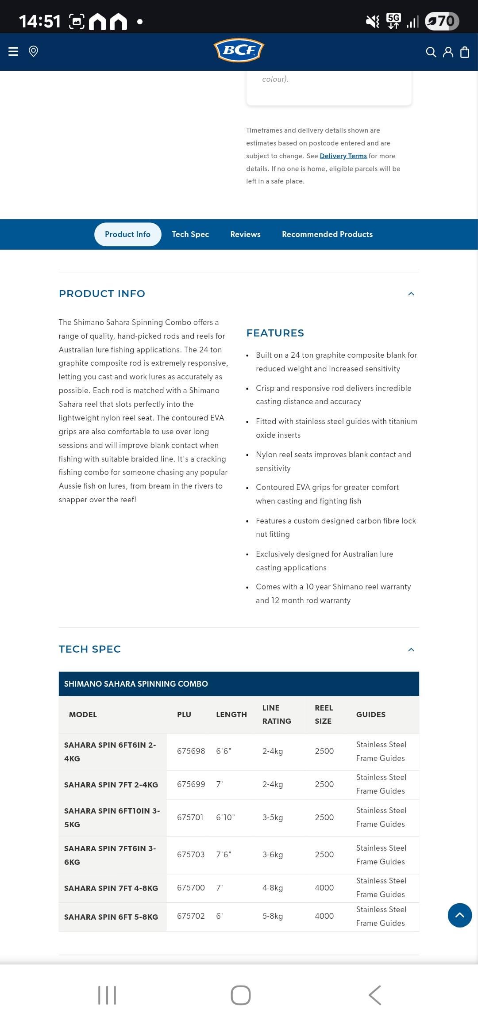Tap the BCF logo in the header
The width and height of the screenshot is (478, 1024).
tap(239, 50)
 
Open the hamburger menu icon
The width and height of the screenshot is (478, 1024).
tap(13, 51)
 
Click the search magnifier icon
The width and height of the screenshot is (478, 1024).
tap(431, 52)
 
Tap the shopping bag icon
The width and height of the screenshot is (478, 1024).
tap(465, 52)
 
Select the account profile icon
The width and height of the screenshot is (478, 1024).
tap(448, 52)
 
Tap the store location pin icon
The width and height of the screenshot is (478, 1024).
tap(33, 51)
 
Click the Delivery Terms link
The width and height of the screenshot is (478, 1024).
tap(343, 156)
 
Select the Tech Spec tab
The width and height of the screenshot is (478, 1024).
tap(190, 234)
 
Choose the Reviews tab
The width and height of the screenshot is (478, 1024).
tap(245, 234)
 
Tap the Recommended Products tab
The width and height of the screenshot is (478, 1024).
tap(327, 234)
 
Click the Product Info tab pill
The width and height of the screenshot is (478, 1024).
tap(127, 234)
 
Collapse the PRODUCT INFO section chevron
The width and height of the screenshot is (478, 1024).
tap(411, 294)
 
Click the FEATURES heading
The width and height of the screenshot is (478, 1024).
tap(275, 333)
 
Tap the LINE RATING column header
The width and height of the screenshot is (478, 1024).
tap(277, 715)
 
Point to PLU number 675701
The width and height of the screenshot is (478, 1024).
tap(190, 818)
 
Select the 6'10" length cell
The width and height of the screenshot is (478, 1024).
tap(225, 818)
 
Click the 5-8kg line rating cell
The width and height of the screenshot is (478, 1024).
tap(273, 916)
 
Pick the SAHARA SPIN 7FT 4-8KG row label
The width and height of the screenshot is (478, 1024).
tap(111, 888)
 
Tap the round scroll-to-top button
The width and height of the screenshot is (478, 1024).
tap(460, 915)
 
